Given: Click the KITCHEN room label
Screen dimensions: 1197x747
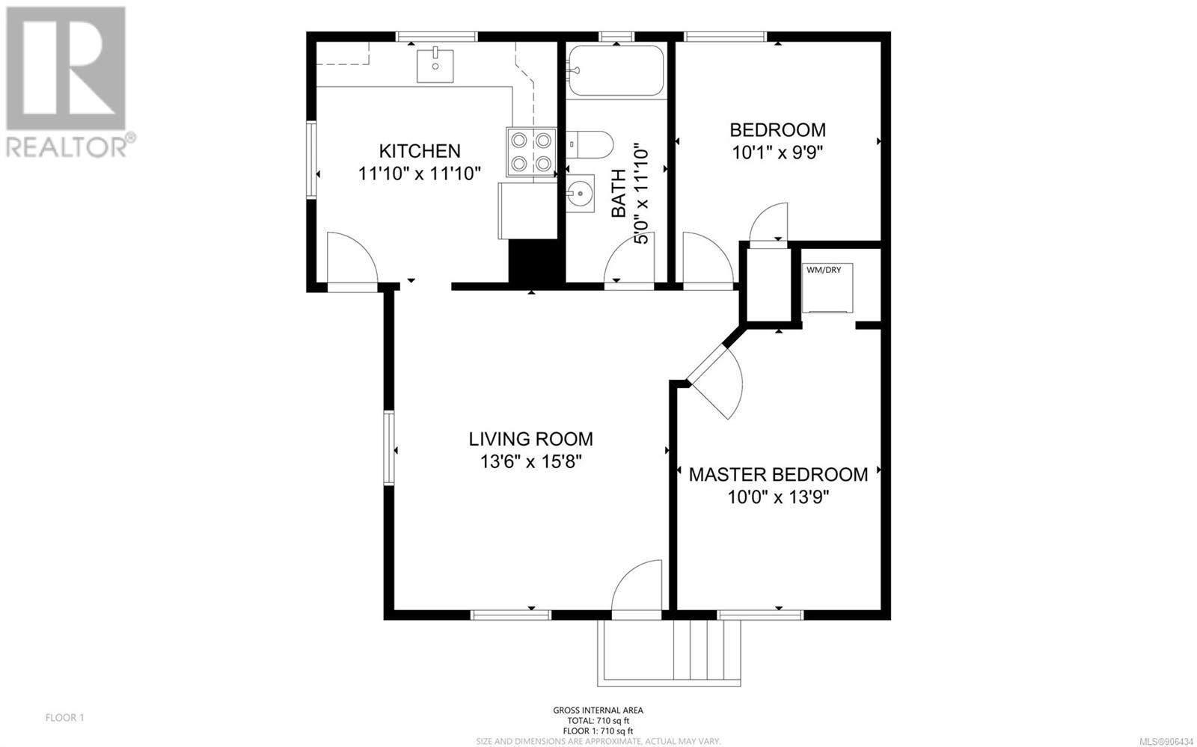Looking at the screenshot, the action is pyautogui.click(x=420, y=151).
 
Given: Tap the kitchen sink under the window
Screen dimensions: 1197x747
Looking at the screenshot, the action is pyautogui.click(x=435, y=65).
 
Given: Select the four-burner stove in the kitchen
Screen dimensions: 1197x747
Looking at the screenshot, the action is pyautogui.click(x=531, y=152).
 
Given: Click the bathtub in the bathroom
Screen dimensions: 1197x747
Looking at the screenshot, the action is pyautogui.click(x=616, y=70).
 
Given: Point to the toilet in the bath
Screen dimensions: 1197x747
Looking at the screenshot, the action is pyautogui.click(x=589, y=145).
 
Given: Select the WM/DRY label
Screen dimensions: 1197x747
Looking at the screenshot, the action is pyautogui.click(x=824, y=270).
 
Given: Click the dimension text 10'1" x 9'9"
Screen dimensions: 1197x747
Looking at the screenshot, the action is pyautogui.click(x=777, y=153).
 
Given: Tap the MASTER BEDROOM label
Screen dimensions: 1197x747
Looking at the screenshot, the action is pyautogui.click(x=778, y=474).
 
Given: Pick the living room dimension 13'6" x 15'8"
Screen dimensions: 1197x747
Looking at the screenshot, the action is pyautogui.click(x=530, y=461).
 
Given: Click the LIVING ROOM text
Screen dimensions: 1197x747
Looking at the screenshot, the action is pyautogui.click(x=530, y=439).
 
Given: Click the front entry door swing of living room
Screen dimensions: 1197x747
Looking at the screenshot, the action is pyautogui.click(x=637, y=589).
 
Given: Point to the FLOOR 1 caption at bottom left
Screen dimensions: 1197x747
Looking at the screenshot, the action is pyautogui.click(x=64, y=718).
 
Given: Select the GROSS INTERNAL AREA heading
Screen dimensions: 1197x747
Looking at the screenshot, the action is pyautogui.click(x=598, y=710).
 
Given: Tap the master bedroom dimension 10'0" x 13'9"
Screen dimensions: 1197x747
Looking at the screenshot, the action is pyautogui.click(x=778, y=498).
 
